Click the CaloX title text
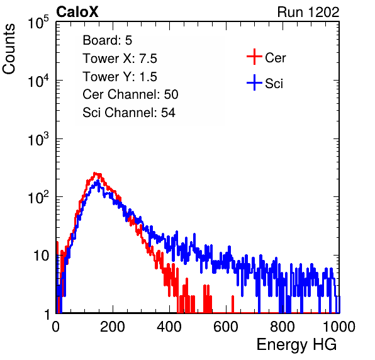click(77, 12)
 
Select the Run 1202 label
click(308, 12)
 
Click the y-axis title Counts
click(9, 49)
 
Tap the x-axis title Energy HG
click(296, 345)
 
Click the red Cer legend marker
click(254, 57)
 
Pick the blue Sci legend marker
click(254, 83)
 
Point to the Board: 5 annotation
click(108, 40)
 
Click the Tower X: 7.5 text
click(120, 59)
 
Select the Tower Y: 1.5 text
click(120, 77)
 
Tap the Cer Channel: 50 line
click(130, 94)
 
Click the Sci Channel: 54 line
click(129, 113)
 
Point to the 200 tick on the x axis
click(113, 327)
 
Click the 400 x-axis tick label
click(169, 327)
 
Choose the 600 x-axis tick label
click(226, 327)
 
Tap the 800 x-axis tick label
click(283, 327)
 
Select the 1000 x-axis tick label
click(339, 327)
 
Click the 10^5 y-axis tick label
click(38, 23)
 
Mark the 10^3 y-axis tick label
click(38, 140)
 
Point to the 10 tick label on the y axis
click(41, 256)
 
